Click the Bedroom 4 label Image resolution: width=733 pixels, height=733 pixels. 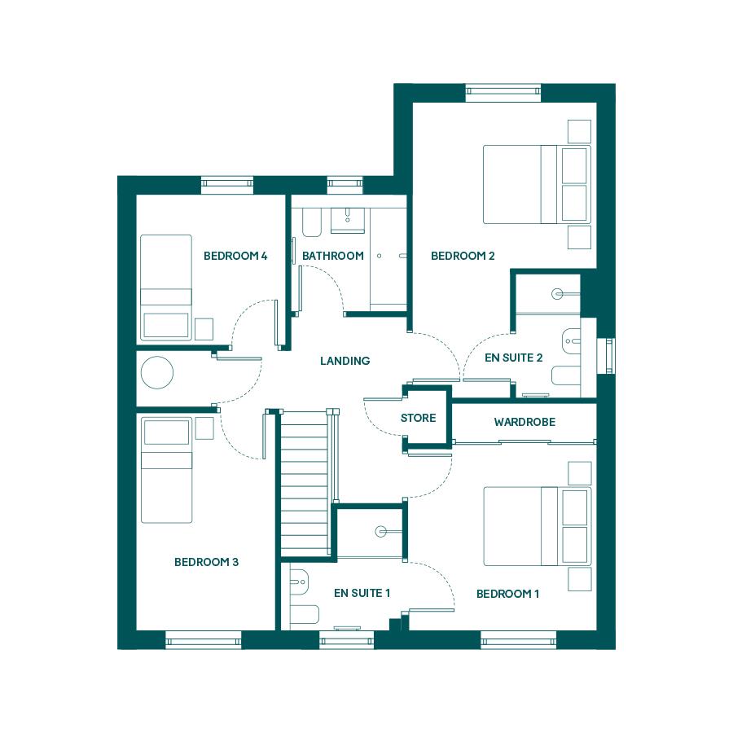click(x=235, y=256)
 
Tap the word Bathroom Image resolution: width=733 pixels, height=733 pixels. click(x=333, y=256)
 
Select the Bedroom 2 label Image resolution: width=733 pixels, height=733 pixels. click(x=463, y=256)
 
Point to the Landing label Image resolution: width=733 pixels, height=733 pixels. click(x=345, y=361)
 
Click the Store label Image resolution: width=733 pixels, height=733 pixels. click(x=419, y=418)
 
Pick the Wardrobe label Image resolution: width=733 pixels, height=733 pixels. click(x=525, y=422)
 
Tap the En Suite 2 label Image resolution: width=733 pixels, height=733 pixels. click(x=513, y=358)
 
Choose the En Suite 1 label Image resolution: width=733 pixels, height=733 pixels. click(x=362, y=593)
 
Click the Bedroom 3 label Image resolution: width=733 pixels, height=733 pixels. click(x=206, y=562)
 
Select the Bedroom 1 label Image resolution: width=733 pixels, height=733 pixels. click(x=507, y=595)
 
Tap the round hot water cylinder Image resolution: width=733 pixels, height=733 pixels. click(x=157, y=372)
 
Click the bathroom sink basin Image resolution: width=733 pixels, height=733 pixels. click(x=348, y=220)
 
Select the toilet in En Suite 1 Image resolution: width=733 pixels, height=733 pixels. click(x=299, y=582)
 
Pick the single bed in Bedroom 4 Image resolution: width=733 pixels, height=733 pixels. click(x=166, y=287)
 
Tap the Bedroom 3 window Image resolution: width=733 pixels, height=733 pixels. click(x=204, y=640)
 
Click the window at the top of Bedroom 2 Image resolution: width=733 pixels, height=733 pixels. click(x=503, y=93)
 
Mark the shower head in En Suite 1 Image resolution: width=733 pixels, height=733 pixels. click(x=381, y=532)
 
